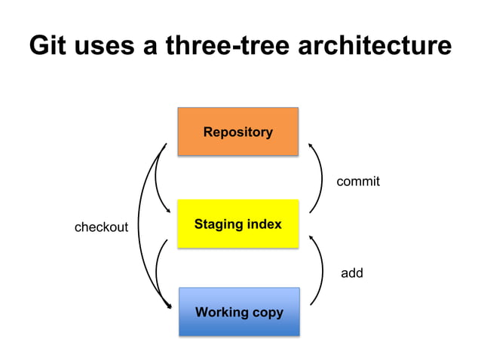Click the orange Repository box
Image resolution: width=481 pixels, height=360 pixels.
pyautogui.click(x=237, y=132)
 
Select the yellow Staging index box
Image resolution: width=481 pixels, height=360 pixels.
pyautogui.click(x=237, y=224)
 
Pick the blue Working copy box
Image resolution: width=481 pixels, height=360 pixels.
pyautogui.click(x=239, y=311)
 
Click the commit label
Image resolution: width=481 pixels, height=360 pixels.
pyautogui.click(x=357, y=182)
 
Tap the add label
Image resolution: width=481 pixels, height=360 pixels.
pyautogui.click(x=351, y=273)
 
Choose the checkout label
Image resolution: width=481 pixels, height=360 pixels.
pyautogui.click(x=101, y=227)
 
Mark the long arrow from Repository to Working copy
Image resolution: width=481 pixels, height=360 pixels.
pyautogui.click(x=141, y=226)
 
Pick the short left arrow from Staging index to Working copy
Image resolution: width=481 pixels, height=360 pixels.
pyautogui.click(x=157, y=271)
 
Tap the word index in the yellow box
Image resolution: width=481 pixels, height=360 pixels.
pyautogui.click(x=265, y=224)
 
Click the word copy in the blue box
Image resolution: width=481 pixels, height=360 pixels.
pyautogui.click(x=268, y=312)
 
